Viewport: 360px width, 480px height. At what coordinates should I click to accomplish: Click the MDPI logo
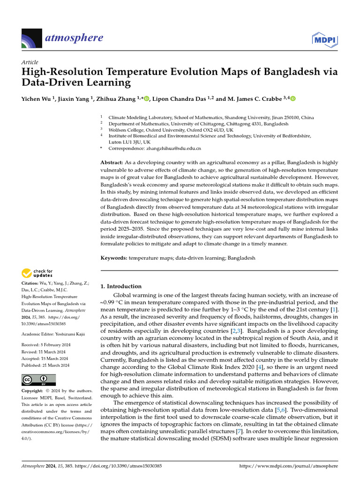pyautogui.click(x=323, y=39)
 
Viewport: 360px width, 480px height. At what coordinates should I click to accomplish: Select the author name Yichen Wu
pyautogui.click(x=37, y=98)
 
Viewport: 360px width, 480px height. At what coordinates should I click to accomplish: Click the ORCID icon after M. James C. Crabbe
pyautogui.click(x=293, y=98)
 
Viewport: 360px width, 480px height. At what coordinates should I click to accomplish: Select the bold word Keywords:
pyautogui.click(x=114, y=258)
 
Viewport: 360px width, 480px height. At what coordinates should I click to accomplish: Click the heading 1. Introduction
pyautogui.click(x=121, y=286)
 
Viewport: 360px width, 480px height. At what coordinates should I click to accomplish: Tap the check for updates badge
pyautogui.click(x=37, y=273)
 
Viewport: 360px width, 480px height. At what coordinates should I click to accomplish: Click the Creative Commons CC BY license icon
pyautogui.click(x=38, y=380)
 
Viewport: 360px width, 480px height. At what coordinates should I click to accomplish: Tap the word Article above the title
pyautogui.click(x=30, y=62)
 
